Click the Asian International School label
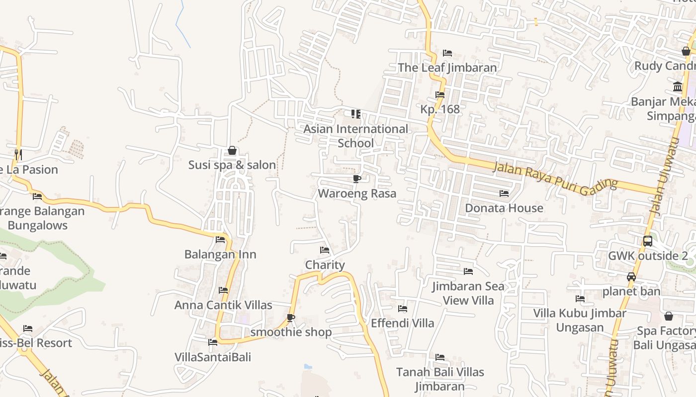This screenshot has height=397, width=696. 355,136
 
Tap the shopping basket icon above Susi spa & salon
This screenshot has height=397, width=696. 232,150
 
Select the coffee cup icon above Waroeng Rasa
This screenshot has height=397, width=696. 356,179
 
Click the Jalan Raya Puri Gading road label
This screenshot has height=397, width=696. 555,176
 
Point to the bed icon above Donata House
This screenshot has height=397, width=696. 504,194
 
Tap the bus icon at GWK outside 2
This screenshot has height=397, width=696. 647,241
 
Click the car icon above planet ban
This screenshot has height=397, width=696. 631,277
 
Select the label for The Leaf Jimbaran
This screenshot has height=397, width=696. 447,68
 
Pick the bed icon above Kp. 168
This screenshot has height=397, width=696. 439,95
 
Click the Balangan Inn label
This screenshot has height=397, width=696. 220,255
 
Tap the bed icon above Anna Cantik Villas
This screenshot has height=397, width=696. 223,290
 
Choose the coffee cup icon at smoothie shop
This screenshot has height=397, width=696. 291,318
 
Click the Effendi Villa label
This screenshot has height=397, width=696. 402,323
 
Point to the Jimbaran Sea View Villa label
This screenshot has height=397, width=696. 468,293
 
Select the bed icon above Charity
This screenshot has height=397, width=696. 325,250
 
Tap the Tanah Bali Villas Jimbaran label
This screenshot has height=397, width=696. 439,379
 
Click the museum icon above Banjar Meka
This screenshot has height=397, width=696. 677,87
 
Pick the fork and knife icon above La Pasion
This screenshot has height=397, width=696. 18,154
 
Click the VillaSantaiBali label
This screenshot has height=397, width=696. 213,357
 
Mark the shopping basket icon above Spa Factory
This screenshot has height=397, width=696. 669,316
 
